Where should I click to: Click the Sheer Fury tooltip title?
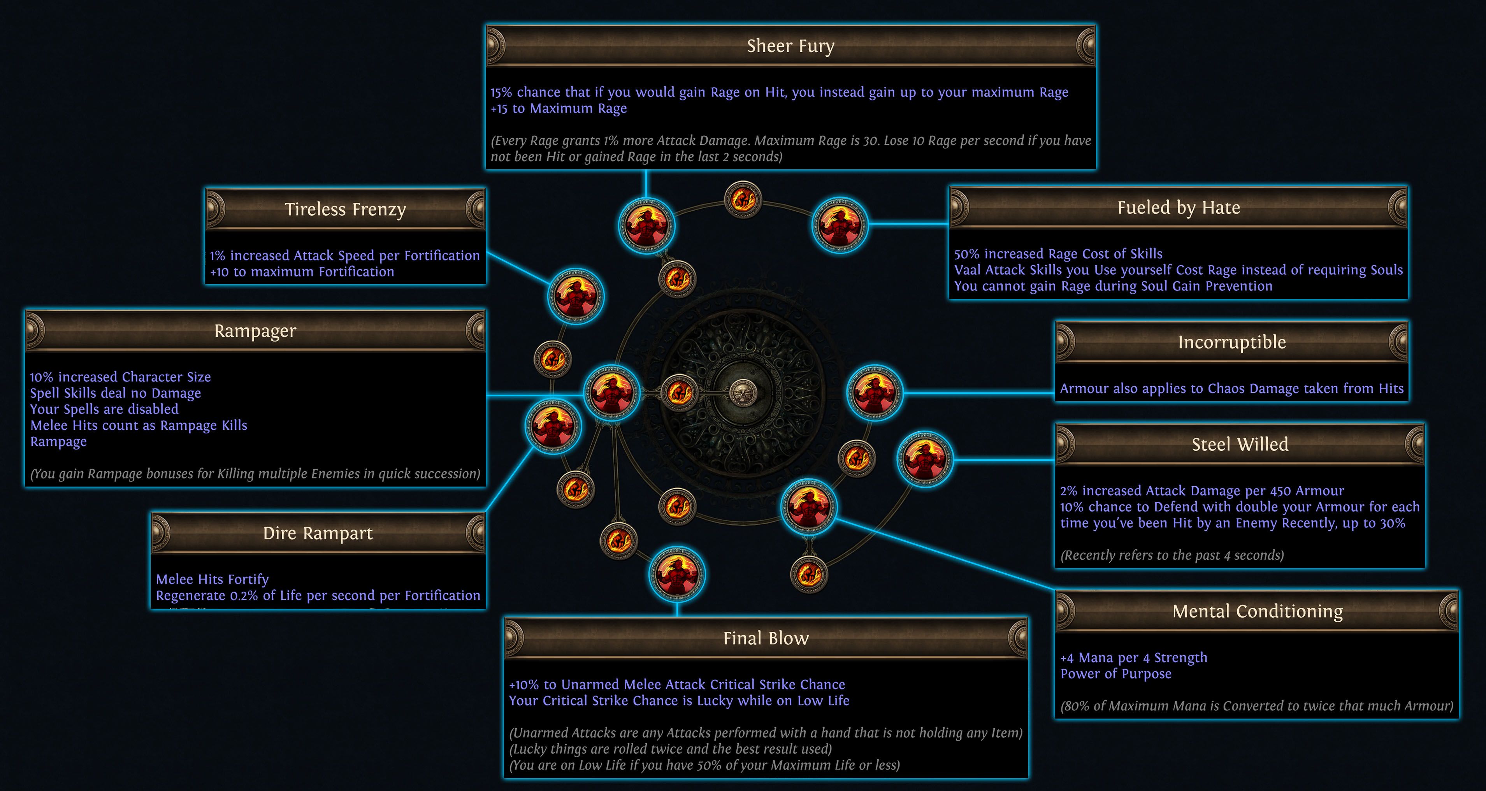point(790,46)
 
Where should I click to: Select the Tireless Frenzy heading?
point(345,209)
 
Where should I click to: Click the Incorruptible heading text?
point(1231,342)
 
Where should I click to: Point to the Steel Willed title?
point(1240,444)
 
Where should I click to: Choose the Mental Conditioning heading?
point(1258,611)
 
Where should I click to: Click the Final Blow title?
point(766,638)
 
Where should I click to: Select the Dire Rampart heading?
point(318,533)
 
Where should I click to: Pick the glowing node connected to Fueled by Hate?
point(840,225)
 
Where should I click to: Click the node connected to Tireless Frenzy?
point(575,296)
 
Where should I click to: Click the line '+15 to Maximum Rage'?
point(559,109)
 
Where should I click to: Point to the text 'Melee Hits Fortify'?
point(212,579)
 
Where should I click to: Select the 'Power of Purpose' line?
point(1115,674)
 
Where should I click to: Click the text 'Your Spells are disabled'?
point(104,409)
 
